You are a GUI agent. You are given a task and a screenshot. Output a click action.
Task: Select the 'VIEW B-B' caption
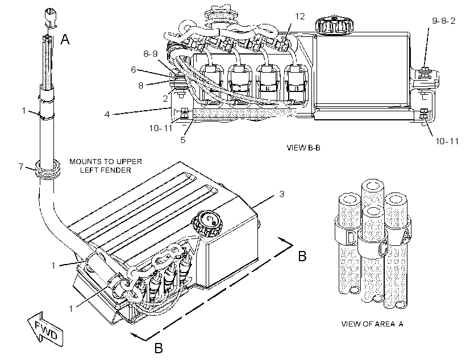click(x=303, y=148)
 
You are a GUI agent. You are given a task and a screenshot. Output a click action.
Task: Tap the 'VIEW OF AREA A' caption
click(x=372, y=324)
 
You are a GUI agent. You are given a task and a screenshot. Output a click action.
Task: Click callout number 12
click(x=300, y=16)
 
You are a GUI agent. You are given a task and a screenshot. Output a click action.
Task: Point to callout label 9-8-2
click(x=443, y=21)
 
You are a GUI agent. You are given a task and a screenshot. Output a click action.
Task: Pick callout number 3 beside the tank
click(x=282, y=194)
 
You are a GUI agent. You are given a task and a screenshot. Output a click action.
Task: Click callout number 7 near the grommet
click(x=21, y=166)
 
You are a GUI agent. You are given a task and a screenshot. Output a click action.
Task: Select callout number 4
click(x=107, y=114)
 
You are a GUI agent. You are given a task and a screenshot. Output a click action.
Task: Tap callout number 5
click(x=183, y=140)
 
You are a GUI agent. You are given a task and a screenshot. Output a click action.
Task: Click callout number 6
click(x=134, y=69)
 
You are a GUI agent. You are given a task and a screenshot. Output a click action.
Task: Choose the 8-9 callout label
click(x=151, y=54)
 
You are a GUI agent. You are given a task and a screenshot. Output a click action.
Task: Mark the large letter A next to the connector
click(x=65, y=39)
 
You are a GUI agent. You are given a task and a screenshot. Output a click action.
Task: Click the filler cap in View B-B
click(x=334, y=25)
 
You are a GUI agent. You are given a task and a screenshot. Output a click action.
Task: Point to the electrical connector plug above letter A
click(x=51, y=18)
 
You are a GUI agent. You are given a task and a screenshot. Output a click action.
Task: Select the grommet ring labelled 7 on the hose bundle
click(x=48, y=170)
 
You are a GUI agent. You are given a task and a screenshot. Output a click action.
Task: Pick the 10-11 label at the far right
click(x=447, y=141)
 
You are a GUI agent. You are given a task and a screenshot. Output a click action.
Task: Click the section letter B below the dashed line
click(x=159, y=348)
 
